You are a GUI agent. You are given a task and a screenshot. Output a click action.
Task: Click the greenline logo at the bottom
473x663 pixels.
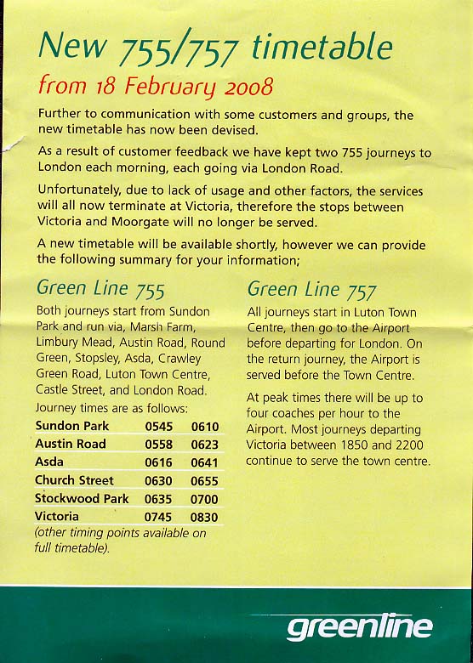[x=359, y=627]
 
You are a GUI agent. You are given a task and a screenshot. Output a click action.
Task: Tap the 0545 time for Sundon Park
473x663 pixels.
[x=158, y=426]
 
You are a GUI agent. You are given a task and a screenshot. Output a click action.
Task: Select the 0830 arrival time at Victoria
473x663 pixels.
[x=205, y=516]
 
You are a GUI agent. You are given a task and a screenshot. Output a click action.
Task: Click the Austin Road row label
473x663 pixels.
[x=71, y=444]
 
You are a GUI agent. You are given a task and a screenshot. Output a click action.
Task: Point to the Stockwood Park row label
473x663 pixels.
[x=82, y=498]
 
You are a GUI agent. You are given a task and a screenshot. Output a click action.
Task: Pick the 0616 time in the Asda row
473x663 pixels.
[x=158, y=462]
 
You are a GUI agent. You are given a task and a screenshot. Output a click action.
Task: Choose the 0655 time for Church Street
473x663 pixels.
[x=205, y=480]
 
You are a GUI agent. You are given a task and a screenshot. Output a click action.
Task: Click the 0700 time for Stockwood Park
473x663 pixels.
[x=205, y=498]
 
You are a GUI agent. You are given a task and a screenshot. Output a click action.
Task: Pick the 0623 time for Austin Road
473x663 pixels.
[x=205, y=444]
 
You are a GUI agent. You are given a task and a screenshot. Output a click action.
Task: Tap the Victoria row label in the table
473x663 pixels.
[x=57, y=516]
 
